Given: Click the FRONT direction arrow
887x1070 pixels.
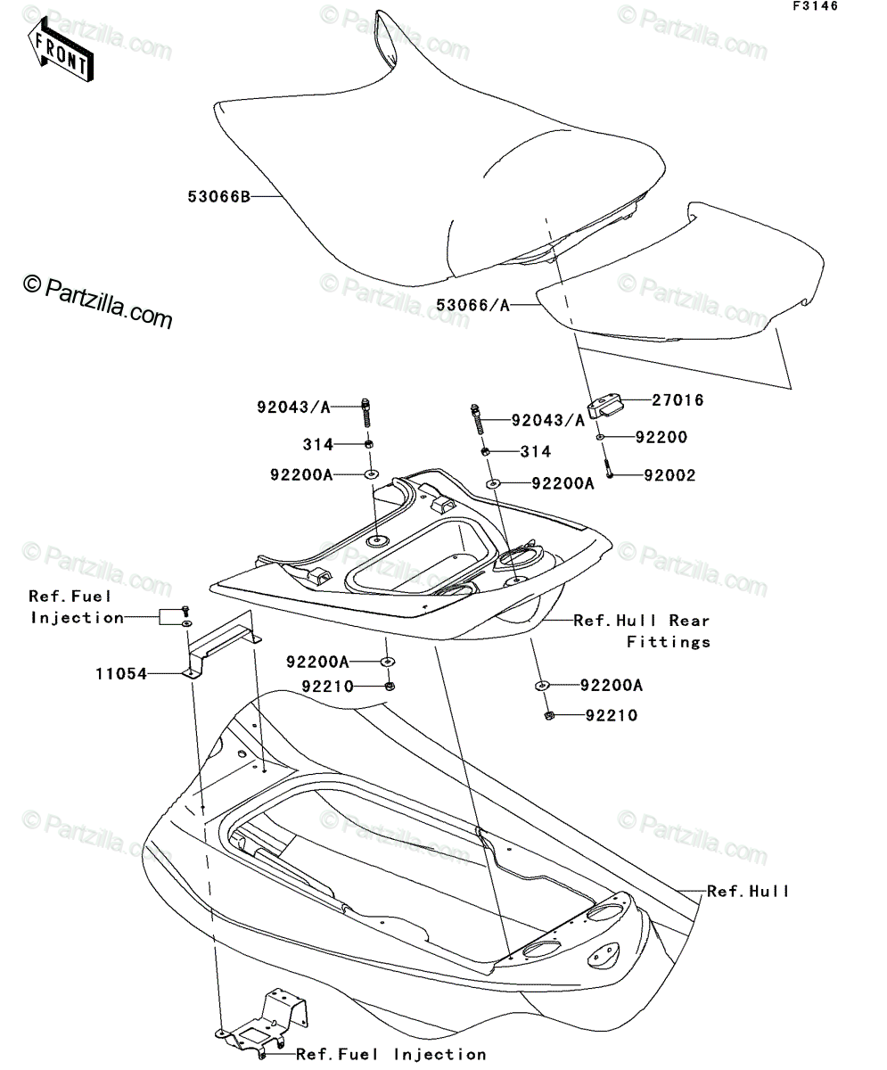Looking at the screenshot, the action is [61, 49].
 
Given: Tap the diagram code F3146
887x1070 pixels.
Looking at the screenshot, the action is [816, 6].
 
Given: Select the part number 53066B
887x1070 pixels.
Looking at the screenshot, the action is [218, 196].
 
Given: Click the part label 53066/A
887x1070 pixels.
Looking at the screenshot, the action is [473, 306].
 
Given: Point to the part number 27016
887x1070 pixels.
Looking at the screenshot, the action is [678, 399].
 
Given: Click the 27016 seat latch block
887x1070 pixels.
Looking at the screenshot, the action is [604, 406].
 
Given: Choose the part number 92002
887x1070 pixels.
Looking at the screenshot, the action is [669, 475].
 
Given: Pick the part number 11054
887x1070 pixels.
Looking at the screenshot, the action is [121, 674].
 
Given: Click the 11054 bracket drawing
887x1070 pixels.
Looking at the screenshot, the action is [221, 645].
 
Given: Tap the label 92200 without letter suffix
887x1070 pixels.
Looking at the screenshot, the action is [661, 437].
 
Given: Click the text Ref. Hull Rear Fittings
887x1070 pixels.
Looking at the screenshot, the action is [642, 630].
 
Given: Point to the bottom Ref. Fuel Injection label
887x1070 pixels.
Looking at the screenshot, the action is [391, 1050].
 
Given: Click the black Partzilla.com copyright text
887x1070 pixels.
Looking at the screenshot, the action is [97, 302].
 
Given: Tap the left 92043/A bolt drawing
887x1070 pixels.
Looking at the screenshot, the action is [366, 413].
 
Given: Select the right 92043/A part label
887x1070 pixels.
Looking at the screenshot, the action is [548, 421].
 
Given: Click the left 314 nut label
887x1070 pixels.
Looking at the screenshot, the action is [317, 444].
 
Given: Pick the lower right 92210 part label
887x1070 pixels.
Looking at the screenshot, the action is [612, 715].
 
